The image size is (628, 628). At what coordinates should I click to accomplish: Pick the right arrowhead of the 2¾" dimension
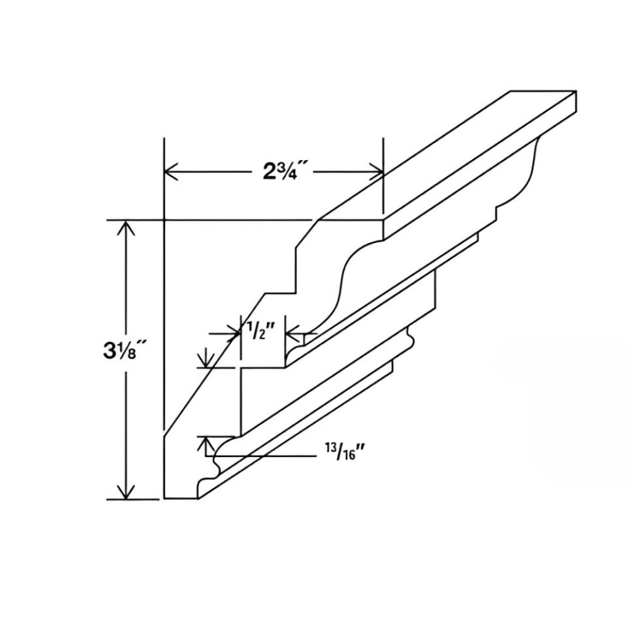tap(376, 171)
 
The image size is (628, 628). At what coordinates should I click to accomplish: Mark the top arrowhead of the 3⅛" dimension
tap(127, 228)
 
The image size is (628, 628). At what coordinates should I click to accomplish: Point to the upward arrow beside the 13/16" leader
tap(203, 444)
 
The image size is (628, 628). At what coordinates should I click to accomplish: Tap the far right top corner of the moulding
tap(575, 92)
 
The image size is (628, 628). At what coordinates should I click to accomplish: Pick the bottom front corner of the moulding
tap(198, 498)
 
